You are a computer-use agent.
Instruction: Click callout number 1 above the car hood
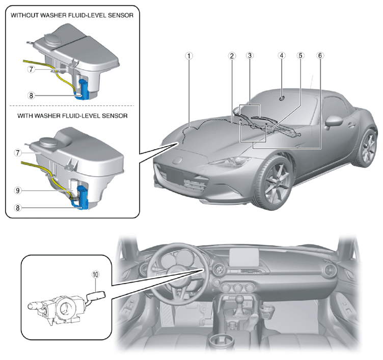[x=189, y=56]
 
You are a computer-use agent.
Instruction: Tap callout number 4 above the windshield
[x=282, y=56]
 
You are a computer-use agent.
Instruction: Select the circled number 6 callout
[x=320, y=56]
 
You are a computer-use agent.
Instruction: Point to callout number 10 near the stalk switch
[x=96, y=274]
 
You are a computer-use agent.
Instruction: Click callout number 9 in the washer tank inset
[x=18, y=190]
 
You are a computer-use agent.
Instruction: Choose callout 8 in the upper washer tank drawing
[x=31, y=96]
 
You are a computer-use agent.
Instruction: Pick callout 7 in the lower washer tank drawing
[x=18, y=153]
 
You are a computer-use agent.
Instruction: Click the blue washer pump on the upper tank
[x=84, y=90]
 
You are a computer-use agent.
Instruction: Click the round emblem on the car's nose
[x=177, y=160]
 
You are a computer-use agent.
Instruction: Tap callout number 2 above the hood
[x=232, y=56]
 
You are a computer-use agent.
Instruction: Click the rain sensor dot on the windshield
[x=282, y=98]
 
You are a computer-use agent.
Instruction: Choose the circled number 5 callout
[x=300, y=56]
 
